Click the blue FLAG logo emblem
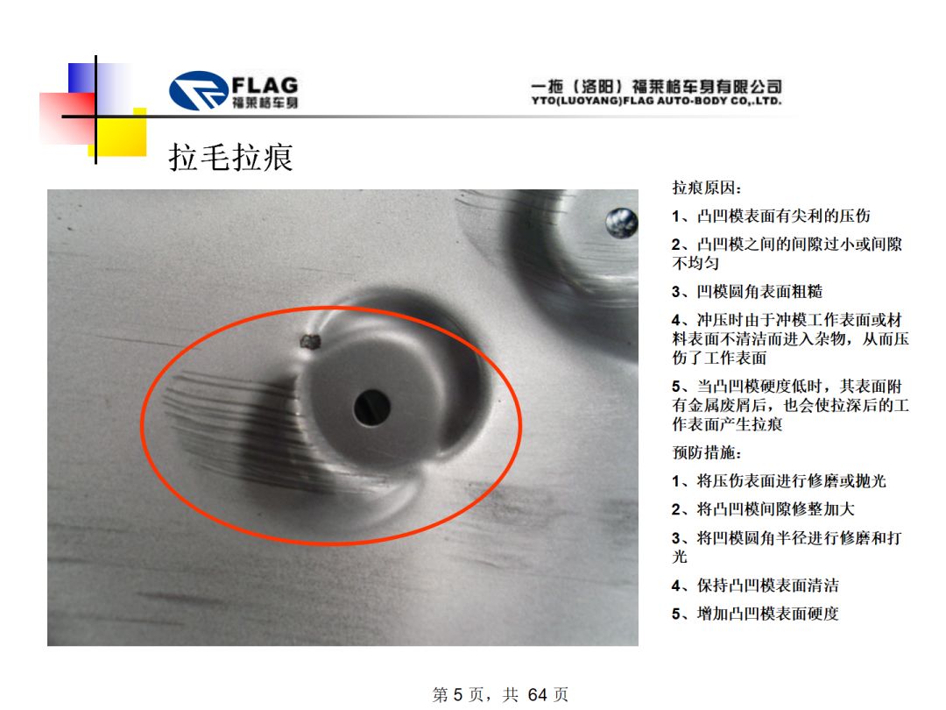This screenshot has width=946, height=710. coord(199,90)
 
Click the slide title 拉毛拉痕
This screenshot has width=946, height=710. coord(230,157)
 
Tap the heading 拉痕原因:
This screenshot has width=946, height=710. coord(707,188)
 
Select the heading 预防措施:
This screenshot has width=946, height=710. coord(707,452)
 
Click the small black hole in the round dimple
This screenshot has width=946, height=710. coord(371,408)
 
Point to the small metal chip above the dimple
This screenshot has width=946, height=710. coord(310,343)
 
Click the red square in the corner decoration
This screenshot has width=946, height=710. coord(67,118)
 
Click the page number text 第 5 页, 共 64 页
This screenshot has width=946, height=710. coord(500,694)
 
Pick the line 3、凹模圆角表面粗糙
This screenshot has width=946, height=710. coord(747,292)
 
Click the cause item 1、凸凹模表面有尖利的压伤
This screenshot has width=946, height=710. coord(771,217)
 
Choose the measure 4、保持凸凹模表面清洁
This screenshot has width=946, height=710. coord(755,585)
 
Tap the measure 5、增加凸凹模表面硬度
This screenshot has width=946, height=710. coord(755,614)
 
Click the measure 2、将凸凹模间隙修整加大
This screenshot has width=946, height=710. coord(763,509)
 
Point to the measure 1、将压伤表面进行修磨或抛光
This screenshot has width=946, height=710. coord(779,480)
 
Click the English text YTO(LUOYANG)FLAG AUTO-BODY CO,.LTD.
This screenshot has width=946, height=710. coord(656,101)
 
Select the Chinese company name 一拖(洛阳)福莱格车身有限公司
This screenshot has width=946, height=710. coord(656,86)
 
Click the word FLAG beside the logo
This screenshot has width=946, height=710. coord(265,84)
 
